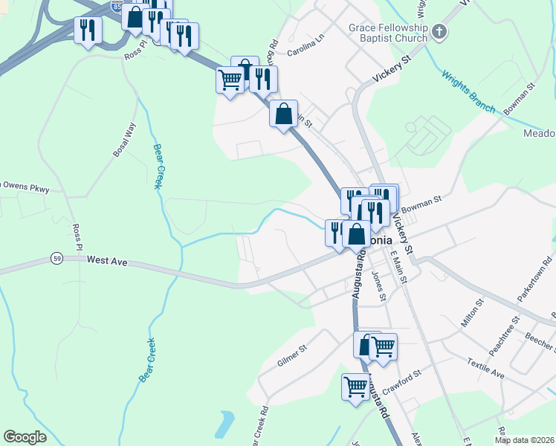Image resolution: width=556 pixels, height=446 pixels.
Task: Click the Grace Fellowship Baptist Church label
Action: [x=389, y=33]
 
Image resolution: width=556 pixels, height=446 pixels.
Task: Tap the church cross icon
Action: [x=440, y=32]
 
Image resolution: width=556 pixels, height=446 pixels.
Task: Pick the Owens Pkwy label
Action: [x=25, y=188]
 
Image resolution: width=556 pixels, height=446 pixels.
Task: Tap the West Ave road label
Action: [x=108, y=260]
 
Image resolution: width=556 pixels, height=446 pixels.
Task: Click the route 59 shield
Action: [x=56, y=258]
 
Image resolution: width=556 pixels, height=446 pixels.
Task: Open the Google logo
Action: [x=25, y=437]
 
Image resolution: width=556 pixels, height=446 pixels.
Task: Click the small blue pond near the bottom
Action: [x=224, y=424]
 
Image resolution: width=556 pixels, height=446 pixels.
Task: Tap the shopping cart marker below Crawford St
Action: [x=356, y=387]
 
